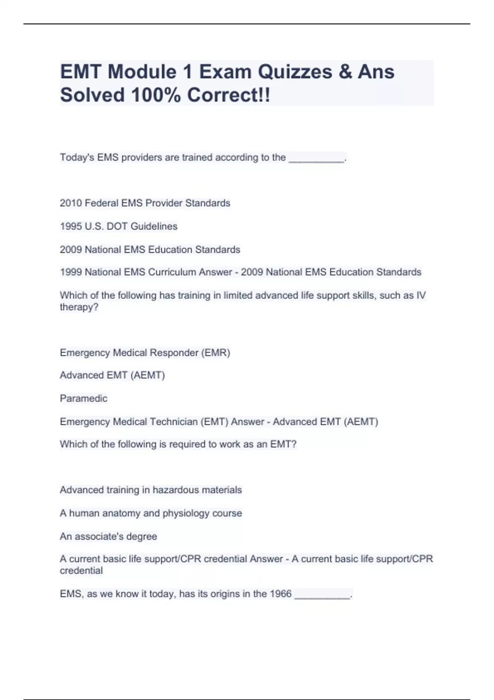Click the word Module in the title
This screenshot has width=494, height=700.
coord(142,72)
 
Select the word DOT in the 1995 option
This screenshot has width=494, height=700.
coord(117,226)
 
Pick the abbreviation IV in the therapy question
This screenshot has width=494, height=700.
coord(421,295)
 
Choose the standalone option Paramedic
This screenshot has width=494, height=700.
coord(84,398)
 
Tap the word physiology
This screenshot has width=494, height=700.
coord(186,513)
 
